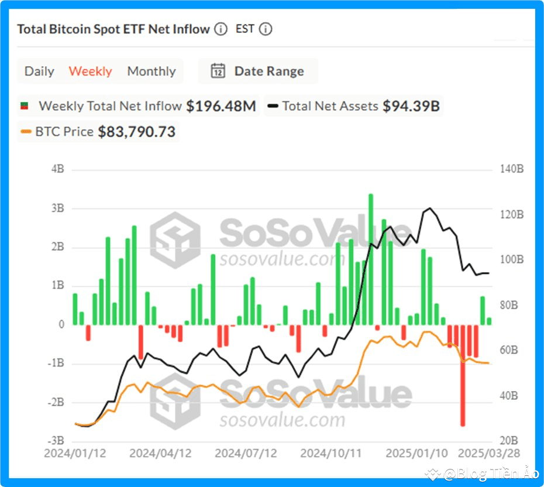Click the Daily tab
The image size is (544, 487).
click(39, 71)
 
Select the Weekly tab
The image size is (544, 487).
click(90, 71)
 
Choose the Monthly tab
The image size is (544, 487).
click(152, 71)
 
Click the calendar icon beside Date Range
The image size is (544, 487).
click(218, 71)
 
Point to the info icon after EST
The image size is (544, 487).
click(266, 29)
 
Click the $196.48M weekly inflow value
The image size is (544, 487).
click(221, 107)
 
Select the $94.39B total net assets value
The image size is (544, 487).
click(411, 107)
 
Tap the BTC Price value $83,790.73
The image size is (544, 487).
click(136, 132)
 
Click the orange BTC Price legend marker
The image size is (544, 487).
click(26, 132)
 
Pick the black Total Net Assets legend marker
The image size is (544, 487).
click(273, 107)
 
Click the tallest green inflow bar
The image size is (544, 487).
click(370, 259)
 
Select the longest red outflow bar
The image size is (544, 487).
click(463, 375)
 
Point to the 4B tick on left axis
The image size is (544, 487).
click(57, 170)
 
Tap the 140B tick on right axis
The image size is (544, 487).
click(512, 170)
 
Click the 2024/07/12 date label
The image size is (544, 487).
click(246, 454)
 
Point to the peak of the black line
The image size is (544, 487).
click(431, 208)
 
